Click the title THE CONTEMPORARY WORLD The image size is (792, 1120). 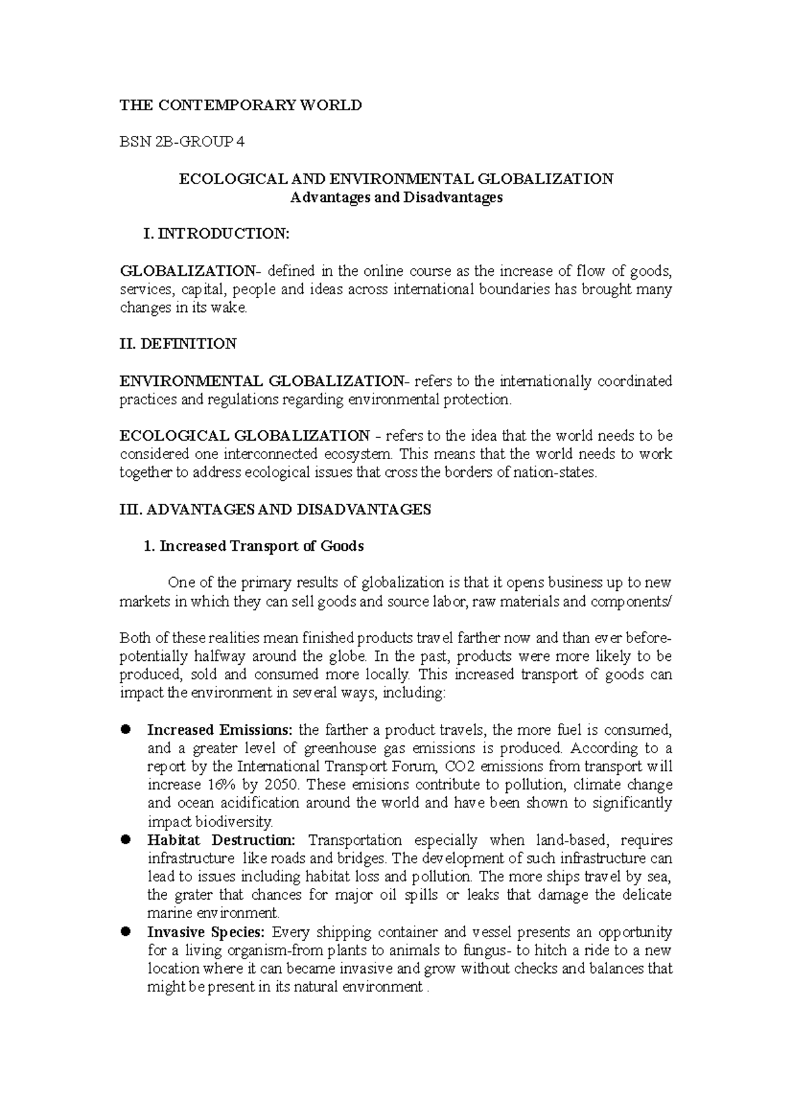(240, 105)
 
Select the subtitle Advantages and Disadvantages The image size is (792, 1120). (397, 197)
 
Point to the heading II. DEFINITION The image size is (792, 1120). (178, 344)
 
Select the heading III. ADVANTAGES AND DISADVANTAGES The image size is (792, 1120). (275, 509)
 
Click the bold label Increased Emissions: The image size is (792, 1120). (220, 730)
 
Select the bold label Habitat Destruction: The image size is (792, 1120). (222, 840)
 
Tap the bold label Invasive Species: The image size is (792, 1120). (206, 932)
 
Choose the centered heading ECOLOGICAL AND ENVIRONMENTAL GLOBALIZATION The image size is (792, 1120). (397, 179)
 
